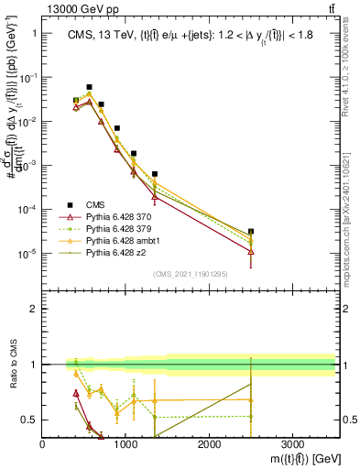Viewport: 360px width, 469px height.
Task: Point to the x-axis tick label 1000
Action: point(125,444)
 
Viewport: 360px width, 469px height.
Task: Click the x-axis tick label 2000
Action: point(209,444)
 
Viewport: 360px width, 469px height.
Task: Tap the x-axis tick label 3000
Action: point(292,444)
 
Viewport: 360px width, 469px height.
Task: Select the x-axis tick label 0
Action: point(43,444)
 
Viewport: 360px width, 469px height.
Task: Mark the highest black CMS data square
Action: point(89,87)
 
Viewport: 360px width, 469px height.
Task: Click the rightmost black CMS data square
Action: point(251,231)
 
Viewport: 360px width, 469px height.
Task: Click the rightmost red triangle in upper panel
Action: point(251,251)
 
